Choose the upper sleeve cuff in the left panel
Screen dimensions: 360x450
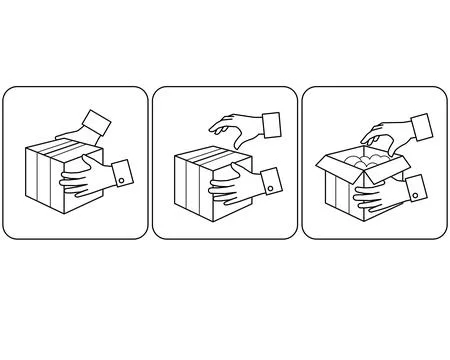tap(97, 125)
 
